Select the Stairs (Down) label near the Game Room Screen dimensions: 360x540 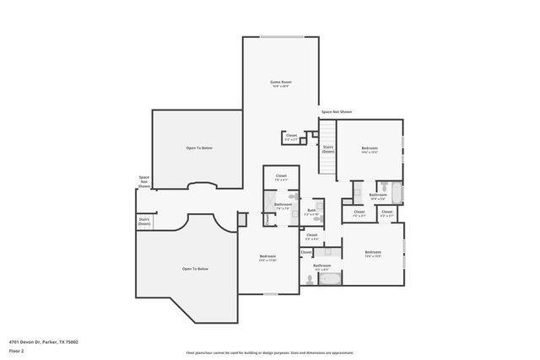click(327, 148)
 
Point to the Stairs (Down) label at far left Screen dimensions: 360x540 click(143, 222)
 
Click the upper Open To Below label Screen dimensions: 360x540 click(199, 148)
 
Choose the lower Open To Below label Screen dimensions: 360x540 click(195, 268)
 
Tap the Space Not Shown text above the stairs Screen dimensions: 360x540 click(336, 111)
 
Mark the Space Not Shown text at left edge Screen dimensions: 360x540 click(144, 181)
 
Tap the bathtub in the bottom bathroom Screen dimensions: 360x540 click(329, 278)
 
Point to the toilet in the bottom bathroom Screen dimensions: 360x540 click(310, 279)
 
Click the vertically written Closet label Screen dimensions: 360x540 click(267, 219)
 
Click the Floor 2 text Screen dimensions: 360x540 click(17, 350)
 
